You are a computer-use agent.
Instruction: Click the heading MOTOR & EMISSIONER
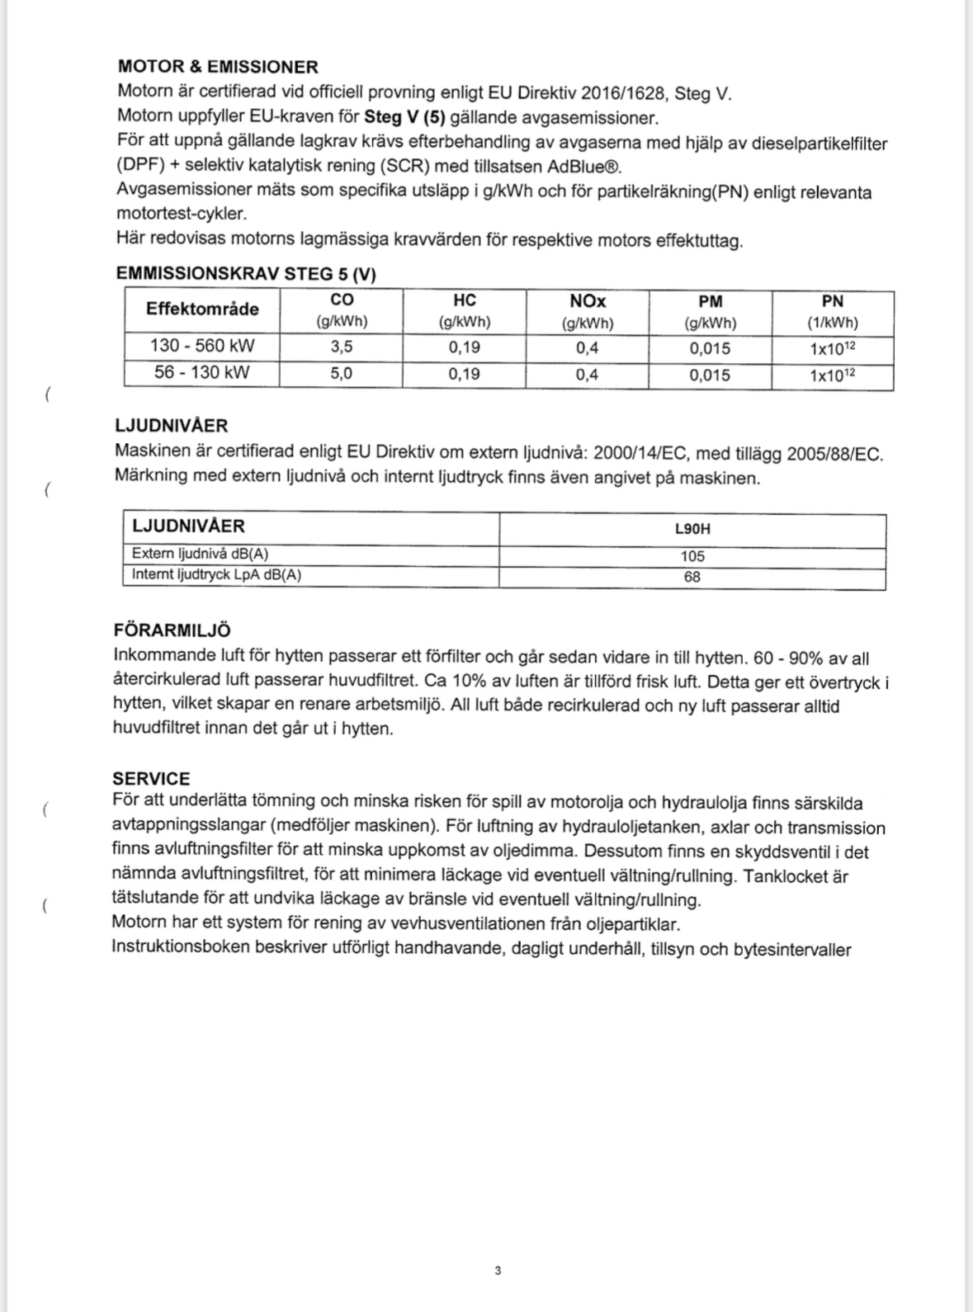(218, 67)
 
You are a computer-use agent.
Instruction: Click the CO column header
(342, 301)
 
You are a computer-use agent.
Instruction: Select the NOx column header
(587, 301)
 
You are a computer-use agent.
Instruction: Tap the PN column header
(832, 301)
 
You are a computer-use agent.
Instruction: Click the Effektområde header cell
(202, 309)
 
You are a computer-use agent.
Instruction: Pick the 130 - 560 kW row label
(202, 346)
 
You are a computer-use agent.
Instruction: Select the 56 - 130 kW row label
(202, 373)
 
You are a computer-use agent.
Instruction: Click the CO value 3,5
(342, 347)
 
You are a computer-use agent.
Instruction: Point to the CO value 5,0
(342, 374)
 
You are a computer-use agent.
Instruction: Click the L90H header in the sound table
(692, 530)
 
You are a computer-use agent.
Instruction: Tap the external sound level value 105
(692, 556)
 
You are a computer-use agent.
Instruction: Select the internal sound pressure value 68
(692, 577)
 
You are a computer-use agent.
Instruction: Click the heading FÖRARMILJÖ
(172, 630)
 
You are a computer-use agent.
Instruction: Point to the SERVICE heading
(151, 779)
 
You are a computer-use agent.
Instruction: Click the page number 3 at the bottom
(498, 1271)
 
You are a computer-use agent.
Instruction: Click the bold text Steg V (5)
(410, 117)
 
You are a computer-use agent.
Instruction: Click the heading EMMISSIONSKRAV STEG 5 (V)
(246, 274)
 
